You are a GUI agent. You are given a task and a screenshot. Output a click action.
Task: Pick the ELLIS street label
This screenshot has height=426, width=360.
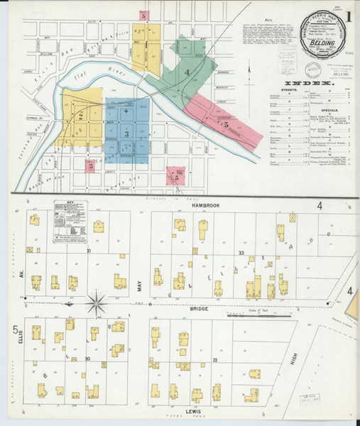coord(23,335)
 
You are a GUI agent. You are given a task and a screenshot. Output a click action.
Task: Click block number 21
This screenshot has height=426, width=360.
coord(89,251)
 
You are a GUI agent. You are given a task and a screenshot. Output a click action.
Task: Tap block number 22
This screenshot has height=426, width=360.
coord(214,360)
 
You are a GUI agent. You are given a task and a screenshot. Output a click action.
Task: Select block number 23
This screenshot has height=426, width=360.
coord(241,253)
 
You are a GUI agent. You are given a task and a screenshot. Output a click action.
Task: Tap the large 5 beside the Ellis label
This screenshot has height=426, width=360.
coord(15,329)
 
